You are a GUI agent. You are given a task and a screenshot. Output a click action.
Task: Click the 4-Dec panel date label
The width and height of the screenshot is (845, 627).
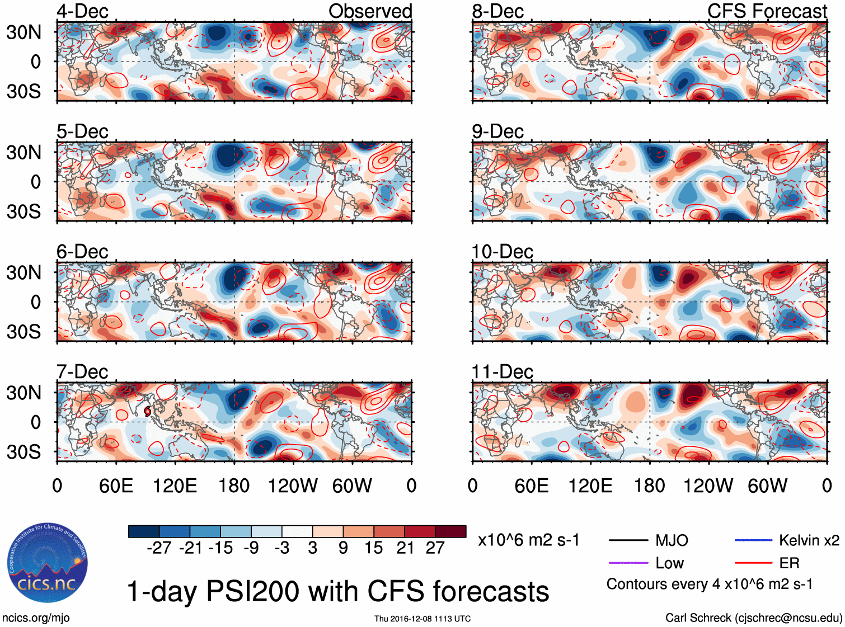tap(82, 11)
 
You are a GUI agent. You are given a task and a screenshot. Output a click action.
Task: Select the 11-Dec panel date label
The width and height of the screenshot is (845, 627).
tap(502, 371)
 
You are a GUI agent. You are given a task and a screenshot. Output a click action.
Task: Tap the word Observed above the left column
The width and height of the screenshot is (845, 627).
tap(370, 11)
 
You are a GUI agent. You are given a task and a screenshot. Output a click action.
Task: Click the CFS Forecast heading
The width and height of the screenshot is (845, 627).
tap(767, 11)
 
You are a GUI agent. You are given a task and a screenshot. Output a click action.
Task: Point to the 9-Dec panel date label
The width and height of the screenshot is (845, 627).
tap(497, 131)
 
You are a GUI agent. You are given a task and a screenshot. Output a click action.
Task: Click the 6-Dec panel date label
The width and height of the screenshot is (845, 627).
tap(82, 252)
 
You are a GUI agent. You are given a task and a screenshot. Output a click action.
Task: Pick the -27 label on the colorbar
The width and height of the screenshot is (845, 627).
tap(159, 548)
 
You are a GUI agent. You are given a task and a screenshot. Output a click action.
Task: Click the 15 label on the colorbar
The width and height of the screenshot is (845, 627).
tap(373, 548)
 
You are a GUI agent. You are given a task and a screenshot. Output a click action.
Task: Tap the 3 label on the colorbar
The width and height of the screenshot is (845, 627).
tap(312, 548)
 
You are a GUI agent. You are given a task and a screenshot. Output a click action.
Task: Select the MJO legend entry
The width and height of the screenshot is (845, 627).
tap(672, 540)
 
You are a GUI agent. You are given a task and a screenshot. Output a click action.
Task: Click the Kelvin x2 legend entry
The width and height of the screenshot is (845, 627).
tap(809, 540)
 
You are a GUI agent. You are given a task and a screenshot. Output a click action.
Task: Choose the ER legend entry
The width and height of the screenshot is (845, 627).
tap(789, 563)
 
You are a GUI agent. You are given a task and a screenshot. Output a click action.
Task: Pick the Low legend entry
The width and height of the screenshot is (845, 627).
tap(669, 563)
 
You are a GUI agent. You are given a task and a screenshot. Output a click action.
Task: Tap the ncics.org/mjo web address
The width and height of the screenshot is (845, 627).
tap(36, 618)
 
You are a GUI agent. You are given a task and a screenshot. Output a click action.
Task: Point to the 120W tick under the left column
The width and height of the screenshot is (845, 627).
tap(293, 485)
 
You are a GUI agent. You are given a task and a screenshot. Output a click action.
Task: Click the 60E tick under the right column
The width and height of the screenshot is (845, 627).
tap(531, 485)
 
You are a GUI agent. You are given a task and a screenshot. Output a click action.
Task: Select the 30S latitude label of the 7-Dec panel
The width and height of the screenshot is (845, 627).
tap(24, 451)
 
